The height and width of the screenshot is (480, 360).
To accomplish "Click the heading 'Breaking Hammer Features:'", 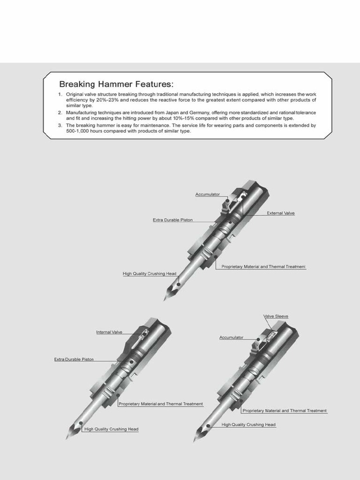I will point(116,84).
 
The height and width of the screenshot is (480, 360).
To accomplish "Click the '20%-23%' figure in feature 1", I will point(108,100).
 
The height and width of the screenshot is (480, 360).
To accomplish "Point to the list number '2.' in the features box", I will point(60,112).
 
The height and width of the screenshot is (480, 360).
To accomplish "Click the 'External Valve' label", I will point(280,213).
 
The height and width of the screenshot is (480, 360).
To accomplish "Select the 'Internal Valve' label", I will point(109,332).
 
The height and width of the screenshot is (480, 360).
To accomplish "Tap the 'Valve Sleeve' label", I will point(276,316).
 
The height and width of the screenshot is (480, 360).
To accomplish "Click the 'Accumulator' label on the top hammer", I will point(207,195).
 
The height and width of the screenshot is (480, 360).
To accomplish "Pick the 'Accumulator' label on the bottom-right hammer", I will point(231,337).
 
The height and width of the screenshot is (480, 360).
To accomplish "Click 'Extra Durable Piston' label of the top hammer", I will point(172,220).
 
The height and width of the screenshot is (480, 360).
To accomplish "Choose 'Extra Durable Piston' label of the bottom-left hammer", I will point(74,360).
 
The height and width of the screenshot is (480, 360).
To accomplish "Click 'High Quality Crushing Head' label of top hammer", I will point(143,274).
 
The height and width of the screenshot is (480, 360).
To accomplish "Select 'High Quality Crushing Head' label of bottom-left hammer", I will point(111,429).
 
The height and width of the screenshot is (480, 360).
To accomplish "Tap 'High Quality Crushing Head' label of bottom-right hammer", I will point(248,425).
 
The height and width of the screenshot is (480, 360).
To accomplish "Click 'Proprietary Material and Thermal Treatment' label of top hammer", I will point(263,266).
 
